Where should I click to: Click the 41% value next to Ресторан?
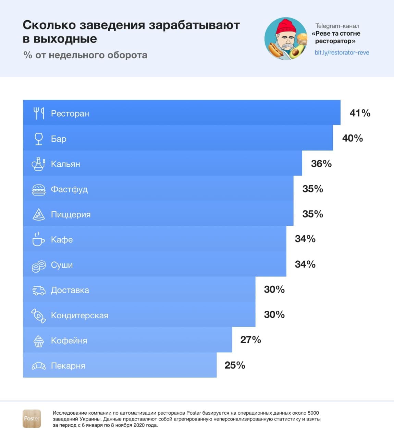click(x=360, y=113)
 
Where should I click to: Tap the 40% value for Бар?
click(x=352, y=138)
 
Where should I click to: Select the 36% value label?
click(x=321, y=164)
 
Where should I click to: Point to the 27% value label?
click(x=250, y=340)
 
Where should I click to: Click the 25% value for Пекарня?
click(x=235, y=365)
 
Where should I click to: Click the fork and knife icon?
click(x=39, y=113)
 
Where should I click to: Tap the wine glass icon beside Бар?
click(x=39, y=139)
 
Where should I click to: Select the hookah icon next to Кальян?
click(x=38, y=164)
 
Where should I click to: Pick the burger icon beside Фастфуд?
click(x=39, y=190)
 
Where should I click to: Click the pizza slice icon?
click(x=39, y=214)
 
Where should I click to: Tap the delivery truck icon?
click(x=39, y=290)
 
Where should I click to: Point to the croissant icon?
click(x=39, y=366)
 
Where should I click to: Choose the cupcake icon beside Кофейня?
click(x=39, y=341)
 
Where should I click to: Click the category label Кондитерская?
click(x=79, y=316)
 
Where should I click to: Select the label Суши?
click(x=62, y=265)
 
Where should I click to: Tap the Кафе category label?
click(x=62, y=240)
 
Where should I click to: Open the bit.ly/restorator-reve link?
click(x=342, y=53)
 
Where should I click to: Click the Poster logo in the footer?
click(x=32, y=418)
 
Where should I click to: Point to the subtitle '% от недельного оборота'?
click(x=85, y=55)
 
